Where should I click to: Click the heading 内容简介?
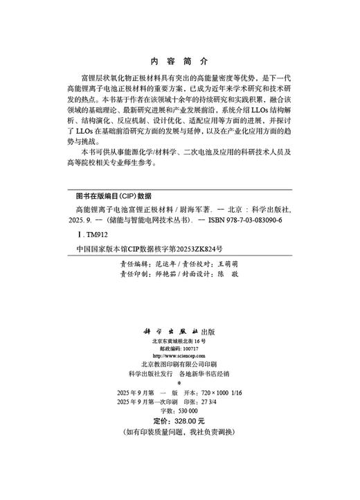(179, 60)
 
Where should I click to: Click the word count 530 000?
(188, 410)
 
